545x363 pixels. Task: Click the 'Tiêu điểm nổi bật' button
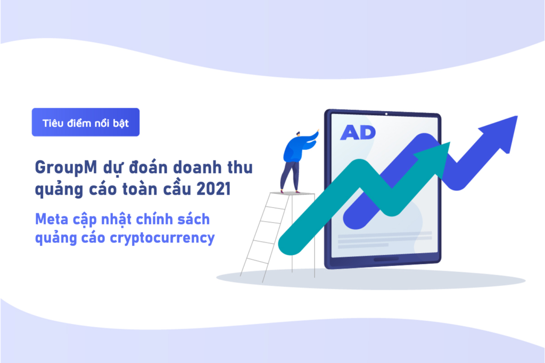pos(86,122)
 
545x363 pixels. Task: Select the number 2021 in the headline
pos(213,189)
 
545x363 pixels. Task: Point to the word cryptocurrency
pos(162,239)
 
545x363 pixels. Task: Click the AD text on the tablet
pos(358,132)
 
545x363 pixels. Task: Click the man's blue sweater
pos(295,148)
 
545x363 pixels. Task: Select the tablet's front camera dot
pos(386,114)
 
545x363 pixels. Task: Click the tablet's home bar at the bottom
pos(386,259)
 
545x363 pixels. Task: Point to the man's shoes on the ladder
pos(290,191)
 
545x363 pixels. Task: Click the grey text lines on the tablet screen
pos(385,239)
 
